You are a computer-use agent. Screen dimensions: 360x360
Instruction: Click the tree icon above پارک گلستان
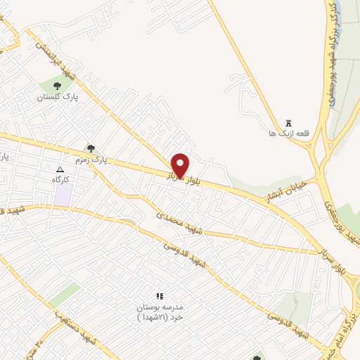coord(58,86)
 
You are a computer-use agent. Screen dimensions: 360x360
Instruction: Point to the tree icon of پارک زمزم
coord(90,148)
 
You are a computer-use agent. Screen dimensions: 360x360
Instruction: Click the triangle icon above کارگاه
coord(60,169)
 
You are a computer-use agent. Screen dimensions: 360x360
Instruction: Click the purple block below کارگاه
coord(63,196)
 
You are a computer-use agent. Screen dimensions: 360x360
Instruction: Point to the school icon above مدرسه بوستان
coord(159,297)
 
